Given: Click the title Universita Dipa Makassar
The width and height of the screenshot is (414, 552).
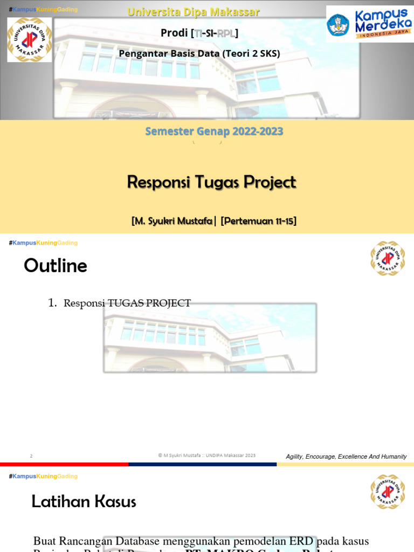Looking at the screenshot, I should pos(194,12).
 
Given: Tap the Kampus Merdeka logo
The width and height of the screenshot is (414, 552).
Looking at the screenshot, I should pos(370,24).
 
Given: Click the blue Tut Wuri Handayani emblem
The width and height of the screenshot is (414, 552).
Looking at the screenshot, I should pos(338,25).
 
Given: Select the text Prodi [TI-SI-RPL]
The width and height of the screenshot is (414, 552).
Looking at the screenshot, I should pos(199,33).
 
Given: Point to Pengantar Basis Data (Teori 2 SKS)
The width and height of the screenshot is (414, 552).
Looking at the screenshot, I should pos(199,53).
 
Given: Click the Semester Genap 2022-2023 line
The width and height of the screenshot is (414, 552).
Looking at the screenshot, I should pos(214,132).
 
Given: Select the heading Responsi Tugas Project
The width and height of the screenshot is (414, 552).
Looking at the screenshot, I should pos(211,182).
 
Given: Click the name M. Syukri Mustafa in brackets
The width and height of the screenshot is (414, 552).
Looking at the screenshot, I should pos(172,221).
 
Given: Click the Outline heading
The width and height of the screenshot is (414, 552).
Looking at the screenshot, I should pos(56,266).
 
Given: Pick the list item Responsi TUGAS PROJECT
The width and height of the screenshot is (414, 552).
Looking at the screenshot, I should pos(127,303).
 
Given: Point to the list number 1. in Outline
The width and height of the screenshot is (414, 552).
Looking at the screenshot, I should pos(52,303).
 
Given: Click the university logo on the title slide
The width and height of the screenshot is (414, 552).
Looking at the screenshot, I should pos(30,39).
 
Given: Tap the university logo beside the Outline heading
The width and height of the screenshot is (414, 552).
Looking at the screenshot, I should pos(387,258).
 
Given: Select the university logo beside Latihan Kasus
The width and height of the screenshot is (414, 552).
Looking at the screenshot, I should pos(387,492).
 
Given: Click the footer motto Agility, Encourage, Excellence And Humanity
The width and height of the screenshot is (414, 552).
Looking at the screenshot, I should pos(346,457).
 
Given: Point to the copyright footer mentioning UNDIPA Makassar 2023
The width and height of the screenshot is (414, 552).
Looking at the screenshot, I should pos(207,456).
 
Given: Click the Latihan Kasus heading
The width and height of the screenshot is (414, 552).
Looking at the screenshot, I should pos(84,502).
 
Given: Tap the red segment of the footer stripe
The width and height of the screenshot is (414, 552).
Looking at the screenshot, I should pos(64,464).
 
